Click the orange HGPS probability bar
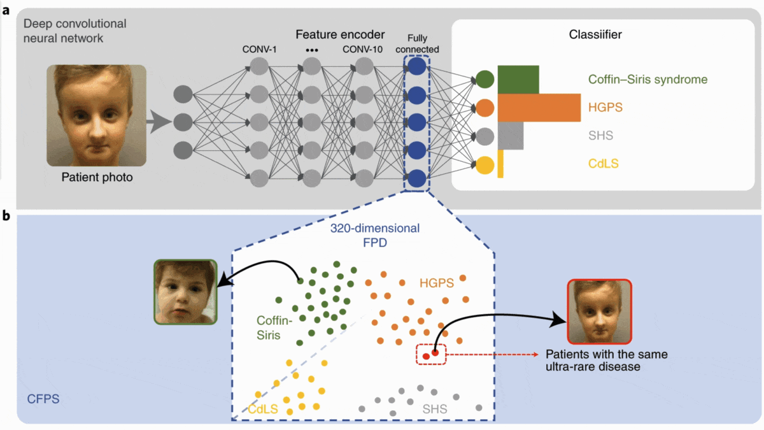[x=539, y=107]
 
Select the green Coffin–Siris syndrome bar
[x=518, y=80]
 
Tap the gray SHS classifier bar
[x=510, y=136]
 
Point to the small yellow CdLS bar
[x=500, y=164]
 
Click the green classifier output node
[x=485, y=80]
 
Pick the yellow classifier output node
[x=485, y=164]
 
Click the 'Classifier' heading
[x=595, y=35]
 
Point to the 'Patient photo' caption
[x=97, y=177]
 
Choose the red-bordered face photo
[x=599, y=312]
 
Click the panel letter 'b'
[x=7, y=217]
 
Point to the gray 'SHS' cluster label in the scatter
[x=435, y=409]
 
